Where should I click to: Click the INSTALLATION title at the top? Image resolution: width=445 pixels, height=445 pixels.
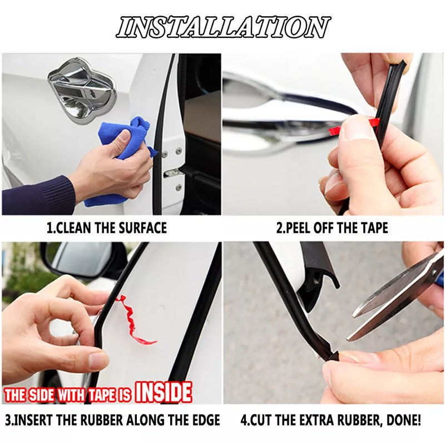tap(223, 27)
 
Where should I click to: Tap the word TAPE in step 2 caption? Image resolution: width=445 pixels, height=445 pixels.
tap(374, 228)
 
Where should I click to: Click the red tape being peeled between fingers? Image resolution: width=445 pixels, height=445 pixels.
tap(355, 126)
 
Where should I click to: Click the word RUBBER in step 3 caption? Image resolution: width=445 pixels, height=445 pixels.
tap(101, 420)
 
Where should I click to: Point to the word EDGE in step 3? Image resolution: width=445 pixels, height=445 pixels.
tap(205, 420)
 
